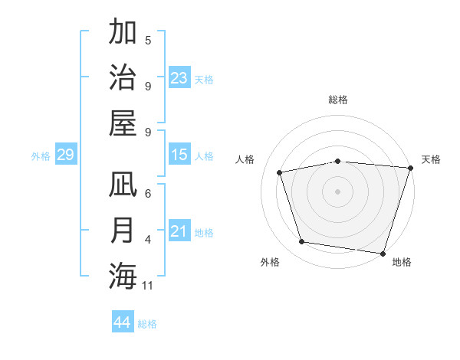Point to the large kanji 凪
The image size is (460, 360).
[123, 185]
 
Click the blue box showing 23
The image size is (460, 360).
[179, 77]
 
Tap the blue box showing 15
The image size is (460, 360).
[179, 155]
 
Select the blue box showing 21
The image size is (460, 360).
[179, 231]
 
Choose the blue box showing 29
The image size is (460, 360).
[65, 155]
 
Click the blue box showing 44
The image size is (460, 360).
[122, 322]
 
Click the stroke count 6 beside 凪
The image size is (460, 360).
[148, 195]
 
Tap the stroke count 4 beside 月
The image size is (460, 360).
[148, 241]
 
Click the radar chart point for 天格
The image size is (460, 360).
[410, 168]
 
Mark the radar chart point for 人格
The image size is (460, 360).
[280, 172]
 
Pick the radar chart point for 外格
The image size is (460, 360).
[302, 242]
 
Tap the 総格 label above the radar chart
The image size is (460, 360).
[338, 100]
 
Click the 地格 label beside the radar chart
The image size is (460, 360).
[402, 263]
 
